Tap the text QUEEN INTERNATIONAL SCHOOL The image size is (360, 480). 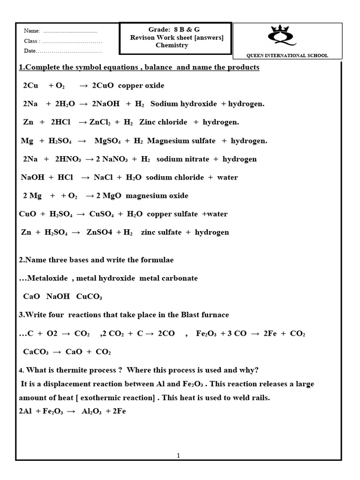(287, 56)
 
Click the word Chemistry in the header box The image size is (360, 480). (172, 45)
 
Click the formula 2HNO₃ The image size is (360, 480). (69, 159)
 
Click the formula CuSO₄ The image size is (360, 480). (101, 214)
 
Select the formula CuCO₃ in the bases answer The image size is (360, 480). (89, 297)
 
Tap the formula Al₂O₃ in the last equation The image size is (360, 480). (91, 412)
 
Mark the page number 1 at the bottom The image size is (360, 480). (179, 456)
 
